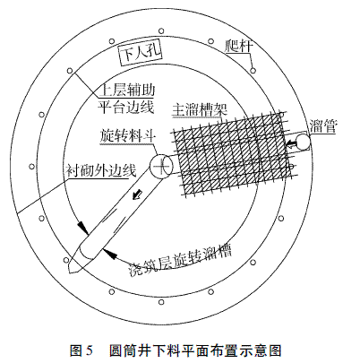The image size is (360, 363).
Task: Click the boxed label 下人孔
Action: tap(139, 54)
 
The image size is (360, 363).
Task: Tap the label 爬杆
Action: tap(238, 46)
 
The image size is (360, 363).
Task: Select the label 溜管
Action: tap(322, 126)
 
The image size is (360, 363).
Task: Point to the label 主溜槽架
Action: tap(200, 109)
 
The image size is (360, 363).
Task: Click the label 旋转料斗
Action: tap(127, 136)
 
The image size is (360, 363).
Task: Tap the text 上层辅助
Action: tap(126, 90)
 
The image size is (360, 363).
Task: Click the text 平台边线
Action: tap(126, 107)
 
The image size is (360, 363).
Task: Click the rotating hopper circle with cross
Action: tap(161, 167)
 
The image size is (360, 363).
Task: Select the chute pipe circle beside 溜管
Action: tap(302, 142)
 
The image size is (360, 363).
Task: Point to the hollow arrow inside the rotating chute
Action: tap(137, 194)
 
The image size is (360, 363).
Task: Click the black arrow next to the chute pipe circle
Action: tap(291, 145)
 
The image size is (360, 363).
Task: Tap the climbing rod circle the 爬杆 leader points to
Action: tap(253, 71)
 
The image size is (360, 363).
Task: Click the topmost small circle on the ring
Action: tap(161, 30)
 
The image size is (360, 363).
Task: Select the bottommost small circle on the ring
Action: tap(161, 302)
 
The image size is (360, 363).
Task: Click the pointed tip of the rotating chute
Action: tap(70, 272)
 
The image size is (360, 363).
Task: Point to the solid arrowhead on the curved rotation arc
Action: tap(109, 253)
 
